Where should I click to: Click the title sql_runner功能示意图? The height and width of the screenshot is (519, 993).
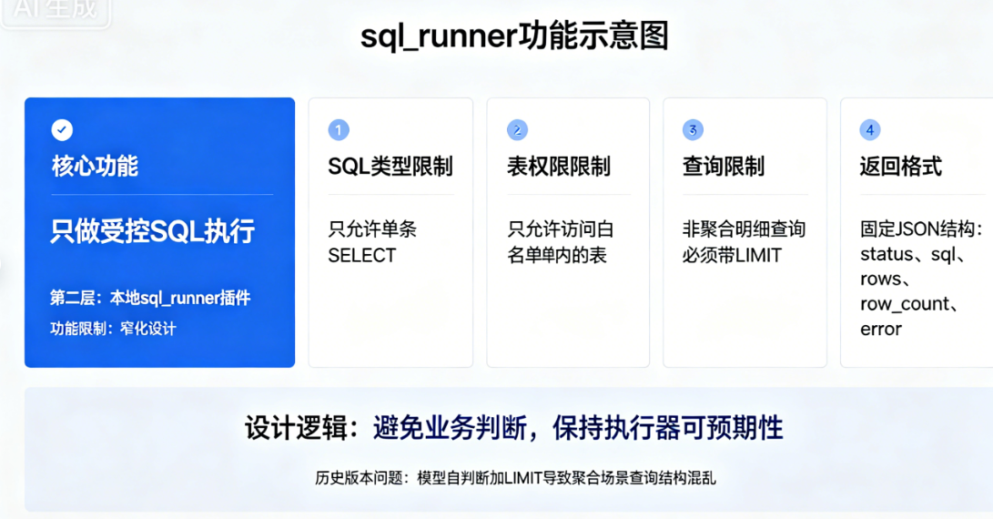514,37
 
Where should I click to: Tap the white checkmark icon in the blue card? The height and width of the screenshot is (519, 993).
63,129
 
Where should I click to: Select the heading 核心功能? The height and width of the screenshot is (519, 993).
95,167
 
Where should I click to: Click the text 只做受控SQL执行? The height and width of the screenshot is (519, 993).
152,231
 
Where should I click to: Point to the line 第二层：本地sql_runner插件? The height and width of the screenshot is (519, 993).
150,298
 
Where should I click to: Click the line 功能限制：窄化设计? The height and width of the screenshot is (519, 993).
113,329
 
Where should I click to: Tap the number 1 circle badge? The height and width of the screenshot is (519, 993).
338,129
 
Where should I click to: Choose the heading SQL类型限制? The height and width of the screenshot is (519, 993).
390,167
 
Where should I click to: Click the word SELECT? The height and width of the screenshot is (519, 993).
361,256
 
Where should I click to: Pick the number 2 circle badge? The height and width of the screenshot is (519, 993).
516,129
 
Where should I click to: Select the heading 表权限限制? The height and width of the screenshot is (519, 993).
558,167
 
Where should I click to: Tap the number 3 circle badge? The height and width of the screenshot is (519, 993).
693,129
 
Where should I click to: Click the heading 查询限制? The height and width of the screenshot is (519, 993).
723,167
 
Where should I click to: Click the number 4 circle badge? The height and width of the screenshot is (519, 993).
870,129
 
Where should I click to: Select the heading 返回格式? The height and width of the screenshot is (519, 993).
900,167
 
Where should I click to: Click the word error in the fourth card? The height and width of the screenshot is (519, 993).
880,329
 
